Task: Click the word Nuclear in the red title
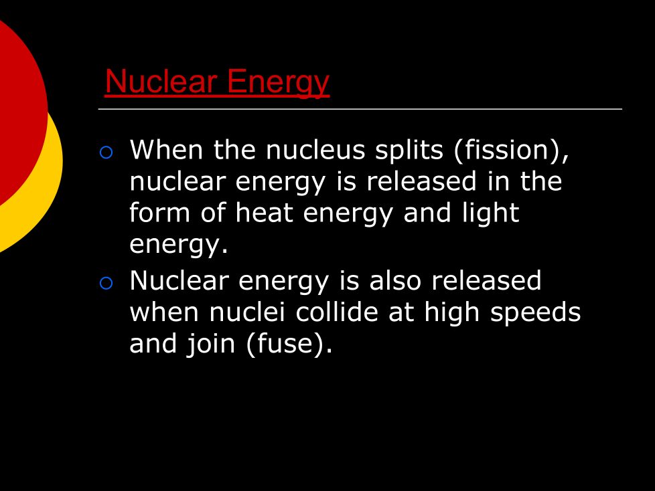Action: click(x=161, y=82)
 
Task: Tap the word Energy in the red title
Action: click(x=278, y=83)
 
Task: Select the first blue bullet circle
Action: click(x=106, y=153)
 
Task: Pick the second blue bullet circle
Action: click(x=106, y=283)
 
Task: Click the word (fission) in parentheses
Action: click(x=511, y=151)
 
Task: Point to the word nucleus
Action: click(x=315, y=151)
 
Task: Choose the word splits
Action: click(x=409, y=151)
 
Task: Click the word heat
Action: click(x=264, y=213)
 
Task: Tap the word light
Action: click(x=490, y=213)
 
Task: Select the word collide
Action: click(x=337, y=312)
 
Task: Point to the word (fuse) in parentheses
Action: click(x=289, y=344)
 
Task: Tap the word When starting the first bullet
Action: click(x=166, y=151)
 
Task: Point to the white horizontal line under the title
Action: click(x=360, y=109)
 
